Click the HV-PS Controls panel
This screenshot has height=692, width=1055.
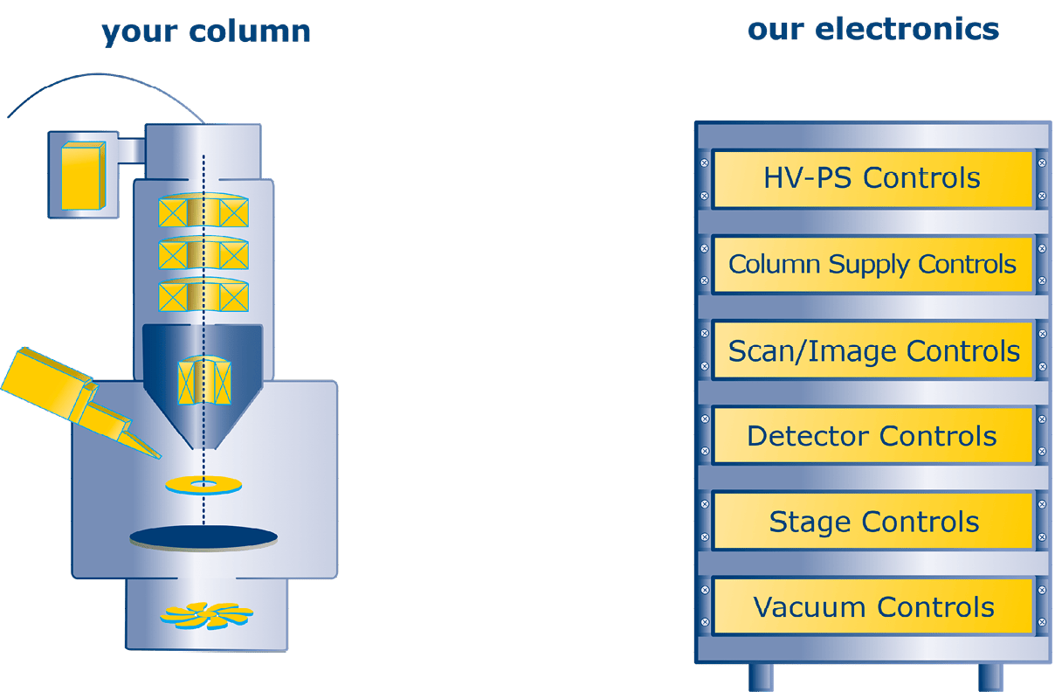(872, 179)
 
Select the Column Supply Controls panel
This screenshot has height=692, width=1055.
(872, 264)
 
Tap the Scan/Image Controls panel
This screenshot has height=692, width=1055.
(872, 350)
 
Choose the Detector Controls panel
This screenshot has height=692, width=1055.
(872, 435)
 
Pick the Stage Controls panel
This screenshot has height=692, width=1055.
(872, 522)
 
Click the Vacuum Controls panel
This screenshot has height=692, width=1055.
(872, 606)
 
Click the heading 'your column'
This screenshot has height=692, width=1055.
(206, 31)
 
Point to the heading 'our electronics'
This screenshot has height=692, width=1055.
(872, 29)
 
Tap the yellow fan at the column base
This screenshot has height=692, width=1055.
(206, 615)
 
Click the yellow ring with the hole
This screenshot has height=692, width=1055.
(204, 483)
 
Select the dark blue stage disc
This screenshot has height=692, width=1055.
(203, 536)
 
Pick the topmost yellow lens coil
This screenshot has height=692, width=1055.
(203, 212)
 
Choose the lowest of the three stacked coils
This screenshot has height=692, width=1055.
(203, 295)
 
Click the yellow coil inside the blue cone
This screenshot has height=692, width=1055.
(203, 381)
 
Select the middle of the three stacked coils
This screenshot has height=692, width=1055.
(203, 253)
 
